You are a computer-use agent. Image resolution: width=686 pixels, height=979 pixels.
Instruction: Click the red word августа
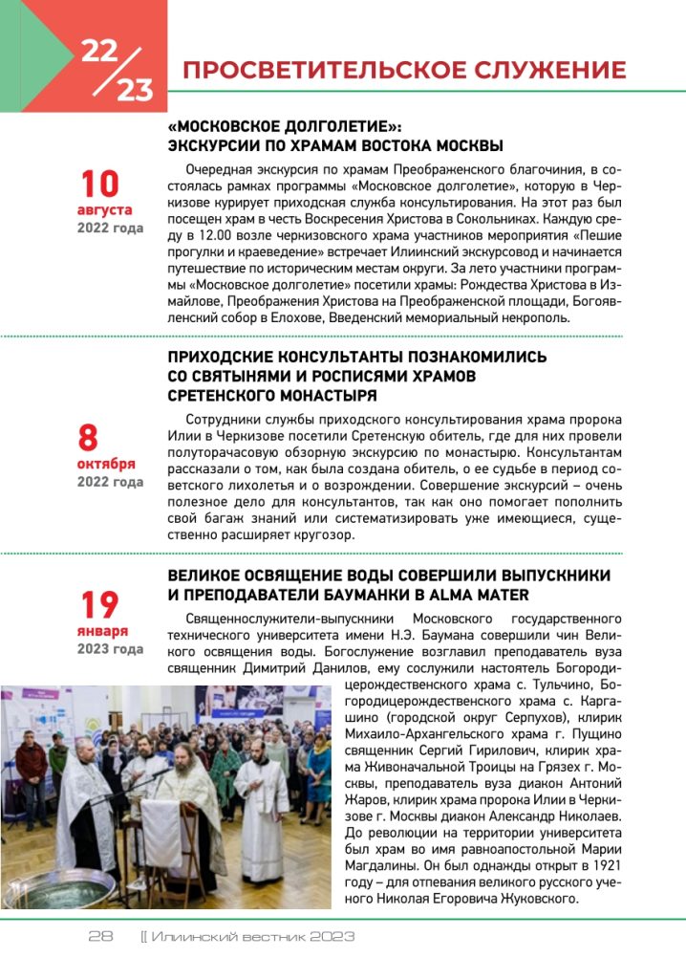[105, 208]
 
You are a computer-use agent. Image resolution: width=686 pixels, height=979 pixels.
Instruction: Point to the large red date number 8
[88, 437]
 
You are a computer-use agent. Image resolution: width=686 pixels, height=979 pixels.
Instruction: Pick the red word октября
[106, 464]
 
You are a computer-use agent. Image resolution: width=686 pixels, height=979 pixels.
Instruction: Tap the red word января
[102, 632]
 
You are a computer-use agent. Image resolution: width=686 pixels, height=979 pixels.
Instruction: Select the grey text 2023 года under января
[110, 650]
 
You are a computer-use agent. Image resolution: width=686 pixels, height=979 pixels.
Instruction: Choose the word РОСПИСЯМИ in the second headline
[370, 376]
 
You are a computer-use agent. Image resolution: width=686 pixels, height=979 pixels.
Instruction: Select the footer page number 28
[101, 936]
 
